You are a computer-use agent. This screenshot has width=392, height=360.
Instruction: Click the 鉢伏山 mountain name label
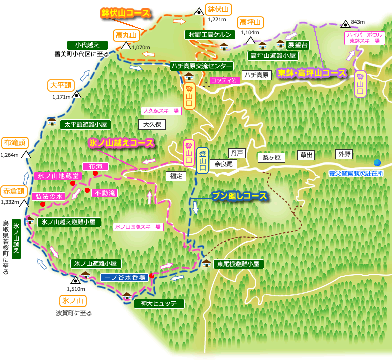click(x=218, y=9)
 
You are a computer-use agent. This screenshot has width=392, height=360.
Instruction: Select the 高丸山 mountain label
click(x=126, y=35)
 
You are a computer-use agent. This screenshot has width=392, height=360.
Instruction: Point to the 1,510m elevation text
click(x=76, y=289)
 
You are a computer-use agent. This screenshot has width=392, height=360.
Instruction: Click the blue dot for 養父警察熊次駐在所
click(x=377, y=162)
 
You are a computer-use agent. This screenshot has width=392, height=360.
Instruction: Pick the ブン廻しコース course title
click(x=239, y=196)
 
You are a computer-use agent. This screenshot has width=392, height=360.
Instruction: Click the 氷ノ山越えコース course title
click(x=121, y=143)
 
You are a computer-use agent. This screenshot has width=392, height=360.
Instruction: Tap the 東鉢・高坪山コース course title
click(x=312, y=73)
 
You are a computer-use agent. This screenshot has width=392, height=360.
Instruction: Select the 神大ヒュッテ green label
click(x=159, y=304)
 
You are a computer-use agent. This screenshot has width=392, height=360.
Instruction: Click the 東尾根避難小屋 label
click(x=238, y=264)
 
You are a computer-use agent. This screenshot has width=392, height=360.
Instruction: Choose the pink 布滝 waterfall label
click(x=95, y=166)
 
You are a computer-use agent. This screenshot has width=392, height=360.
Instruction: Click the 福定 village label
click(x=176, y=176)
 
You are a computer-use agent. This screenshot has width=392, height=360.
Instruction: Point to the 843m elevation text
click(x=358, y=22)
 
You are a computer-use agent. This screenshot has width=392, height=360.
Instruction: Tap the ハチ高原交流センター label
click(x=201, y=66)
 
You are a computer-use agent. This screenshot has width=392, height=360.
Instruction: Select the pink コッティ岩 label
click(x=224, y=80)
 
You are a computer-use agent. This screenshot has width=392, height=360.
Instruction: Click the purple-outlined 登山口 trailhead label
click(x=360, y=84)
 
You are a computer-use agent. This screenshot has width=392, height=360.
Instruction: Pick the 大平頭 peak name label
click(x=62, y=84)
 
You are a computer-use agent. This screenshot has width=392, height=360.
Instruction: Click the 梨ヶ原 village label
click(x=271, y=157)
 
